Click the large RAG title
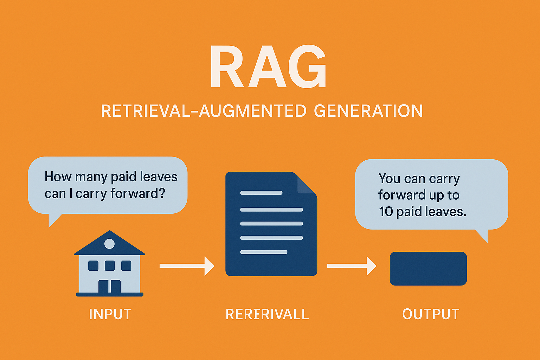(x=268, y=66)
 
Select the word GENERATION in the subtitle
(x=368, y=111)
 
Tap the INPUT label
(x=110, y=314)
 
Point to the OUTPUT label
(x=431, y=314)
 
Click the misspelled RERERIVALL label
(x=267, y=314)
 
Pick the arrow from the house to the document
(x=187, y=266)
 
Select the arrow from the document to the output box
(x=352, y=266)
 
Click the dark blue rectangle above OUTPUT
(x=428, y=269)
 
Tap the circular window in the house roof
(x=109, y=244)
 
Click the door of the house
(x=109, y=287)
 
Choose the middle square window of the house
(x=110, y=266)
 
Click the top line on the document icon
(x=261, y=193)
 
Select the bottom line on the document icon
(x=264, y=252)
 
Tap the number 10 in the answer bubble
(x=386, y=212)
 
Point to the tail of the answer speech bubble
(x=483, y=235)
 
